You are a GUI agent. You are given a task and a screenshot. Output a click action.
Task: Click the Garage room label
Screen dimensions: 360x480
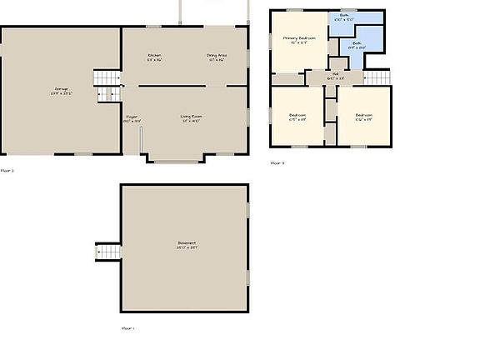[62, 87]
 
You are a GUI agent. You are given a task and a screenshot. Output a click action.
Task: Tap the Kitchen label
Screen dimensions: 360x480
[154, 55]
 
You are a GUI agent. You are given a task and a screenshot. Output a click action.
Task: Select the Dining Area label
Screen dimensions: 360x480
[217, 55]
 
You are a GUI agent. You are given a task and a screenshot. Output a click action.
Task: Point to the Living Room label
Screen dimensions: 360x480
[193, 116]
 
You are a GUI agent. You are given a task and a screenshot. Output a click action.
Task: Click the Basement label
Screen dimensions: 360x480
[186, 242]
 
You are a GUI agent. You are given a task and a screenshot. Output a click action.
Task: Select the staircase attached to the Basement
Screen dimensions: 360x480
[109, 251]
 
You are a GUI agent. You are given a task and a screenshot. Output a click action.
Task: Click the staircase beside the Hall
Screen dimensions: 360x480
[377, 77]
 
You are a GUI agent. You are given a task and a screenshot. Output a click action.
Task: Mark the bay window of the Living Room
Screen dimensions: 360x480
[172, 160]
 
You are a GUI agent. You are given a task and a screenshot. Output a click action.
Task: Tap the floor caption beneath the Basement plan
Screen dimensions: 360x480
[127, 328]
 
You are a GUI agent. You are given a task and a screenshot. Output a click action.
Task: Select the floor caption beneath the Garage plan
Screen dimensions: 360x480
[7, 170]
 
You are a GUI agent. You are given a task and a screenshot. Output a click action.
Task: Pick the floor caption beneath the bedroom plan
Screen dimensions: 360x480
[277, 163]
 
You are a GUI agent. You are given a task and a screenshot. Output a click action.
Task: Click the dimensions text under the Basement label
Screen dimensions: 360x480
[186, 247]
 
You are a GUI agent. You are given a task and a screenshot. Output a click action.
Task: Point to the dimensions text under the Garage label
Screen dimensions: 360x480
[62, 92]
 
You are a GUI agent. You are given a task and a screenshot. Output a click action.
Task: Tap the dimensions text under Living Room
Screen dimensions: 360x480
[193, 121]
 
